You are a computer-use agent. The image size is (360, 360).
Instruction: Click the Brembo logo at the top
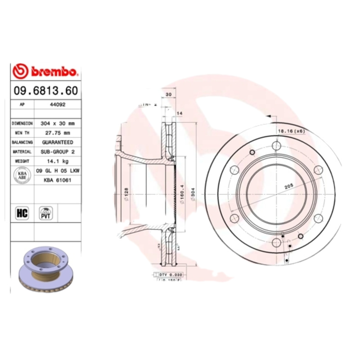pos(46,71)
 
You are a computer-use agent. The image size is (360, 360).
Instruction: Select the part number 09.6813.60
pos(45,91)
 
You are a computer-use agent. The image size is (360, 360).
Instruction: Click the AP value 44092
pos(56,104)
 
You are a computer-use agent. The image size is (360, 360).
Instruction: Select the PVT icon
pos(46,213)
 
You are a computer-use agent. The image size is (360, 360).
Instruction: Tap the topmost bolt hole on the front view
pos(276,145)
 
